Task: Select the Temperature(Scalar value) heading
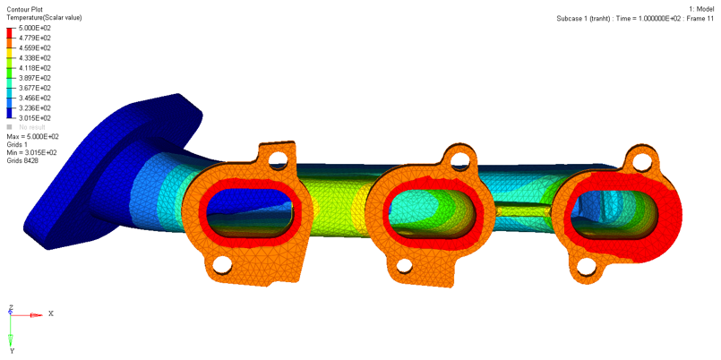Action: pyautogui.click(x=46, y=18)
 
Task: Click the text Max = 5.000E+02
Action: pyautogui.click(x=33, y=136)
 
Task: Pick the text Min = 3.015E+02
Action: pyautogui.click(x=32, y=152)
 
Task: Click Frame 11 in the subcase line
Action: pyautogui.click(x=696, y=18)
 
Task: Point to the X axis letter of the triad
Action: pyautogui.click(x=51, y=314)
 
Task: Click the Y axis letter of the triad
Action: pyautogui.click(x=12, y=351)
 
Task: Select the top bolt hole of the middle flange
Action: pyautogui.click(x=461, y=161)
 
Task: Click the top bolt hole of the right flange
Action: pyautogui.click(x=642, y=161)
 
